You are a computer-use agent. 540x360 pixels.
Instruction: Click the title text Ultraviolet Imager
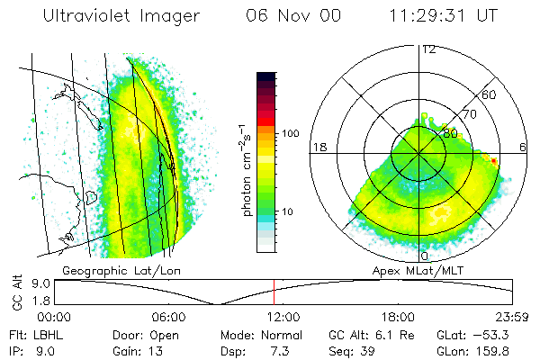[x=130, y=17]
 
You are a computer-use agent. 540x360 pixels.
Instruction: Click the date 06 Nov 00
[x=281, y=17]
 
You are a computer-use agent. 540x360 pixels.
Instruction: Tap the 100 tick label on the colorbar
[x=290, y=134]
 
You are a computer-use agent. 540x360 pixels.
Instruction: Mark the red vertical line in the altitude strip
[x=274, y=292]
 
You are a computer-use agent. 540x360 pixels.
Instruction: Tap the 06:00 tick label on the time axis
[x=168, y=317]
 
